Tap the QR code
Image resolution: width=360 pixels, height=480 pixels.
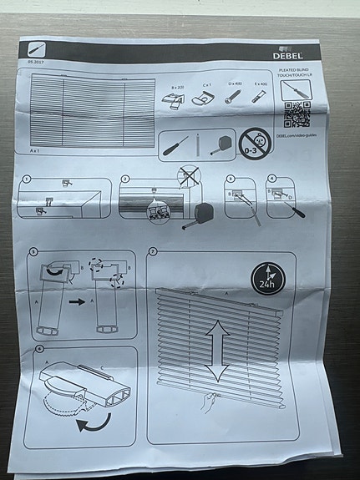[297, 112]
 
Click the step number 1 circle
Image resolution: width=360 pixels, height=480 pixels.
[28, 179]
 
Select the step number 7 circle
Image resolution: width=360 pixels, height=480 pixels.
[153, 251]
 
